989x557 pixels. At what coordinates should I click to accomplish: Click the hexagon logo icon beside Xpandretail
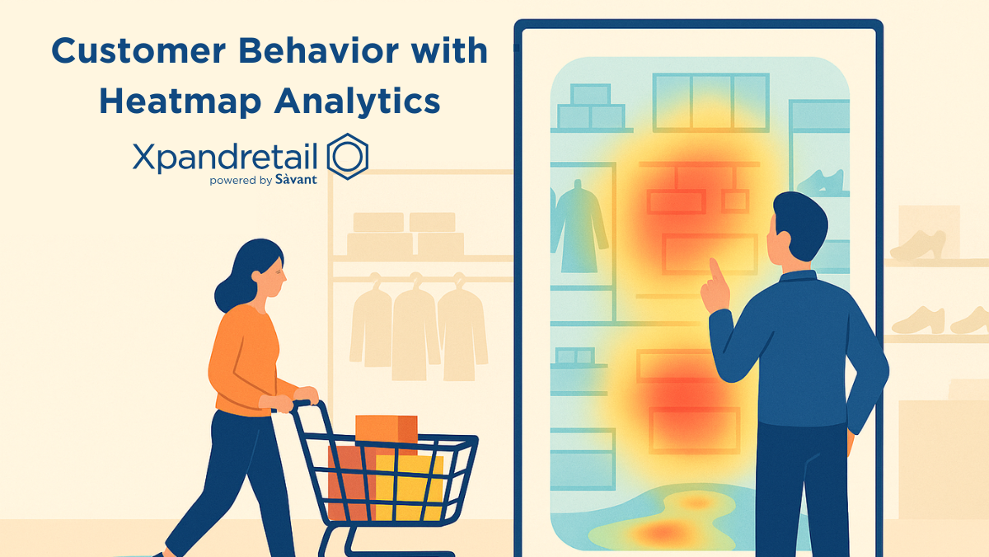(x=347, y=155)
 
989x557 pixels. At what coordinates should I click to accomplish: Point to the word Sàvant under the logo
(x=296, y=178)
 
